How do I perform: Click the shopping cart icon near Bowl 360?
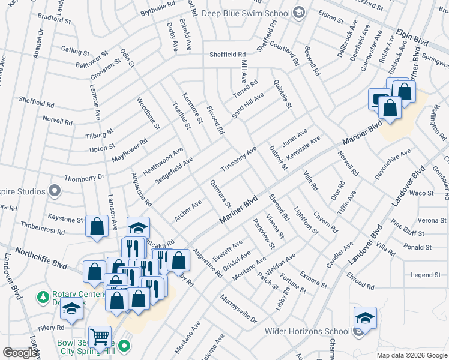pyautogui.click(x=99, y=337)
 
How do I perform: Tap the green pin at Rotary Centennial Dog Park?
pyautogui.click(x=43, y=297)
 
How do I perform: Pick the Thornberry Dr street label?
pyautogui.click(x=84, y=178)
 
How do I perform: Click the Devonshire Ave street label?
pyautogui.click(x=393, y=162)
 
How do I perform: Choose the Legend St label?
pyautogui.click(x=426, y=275)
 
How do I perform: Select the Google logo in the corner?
pyautogui.click(x=20, y=352)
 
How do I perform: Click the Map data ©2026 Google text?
pyautogui.click(x=412, y=355)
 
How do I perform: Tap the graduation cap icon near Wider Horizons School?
pyautogui.click(x=365, y=317)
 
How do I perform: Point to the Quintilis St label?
pyautogui.click(x=282, y=94)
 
